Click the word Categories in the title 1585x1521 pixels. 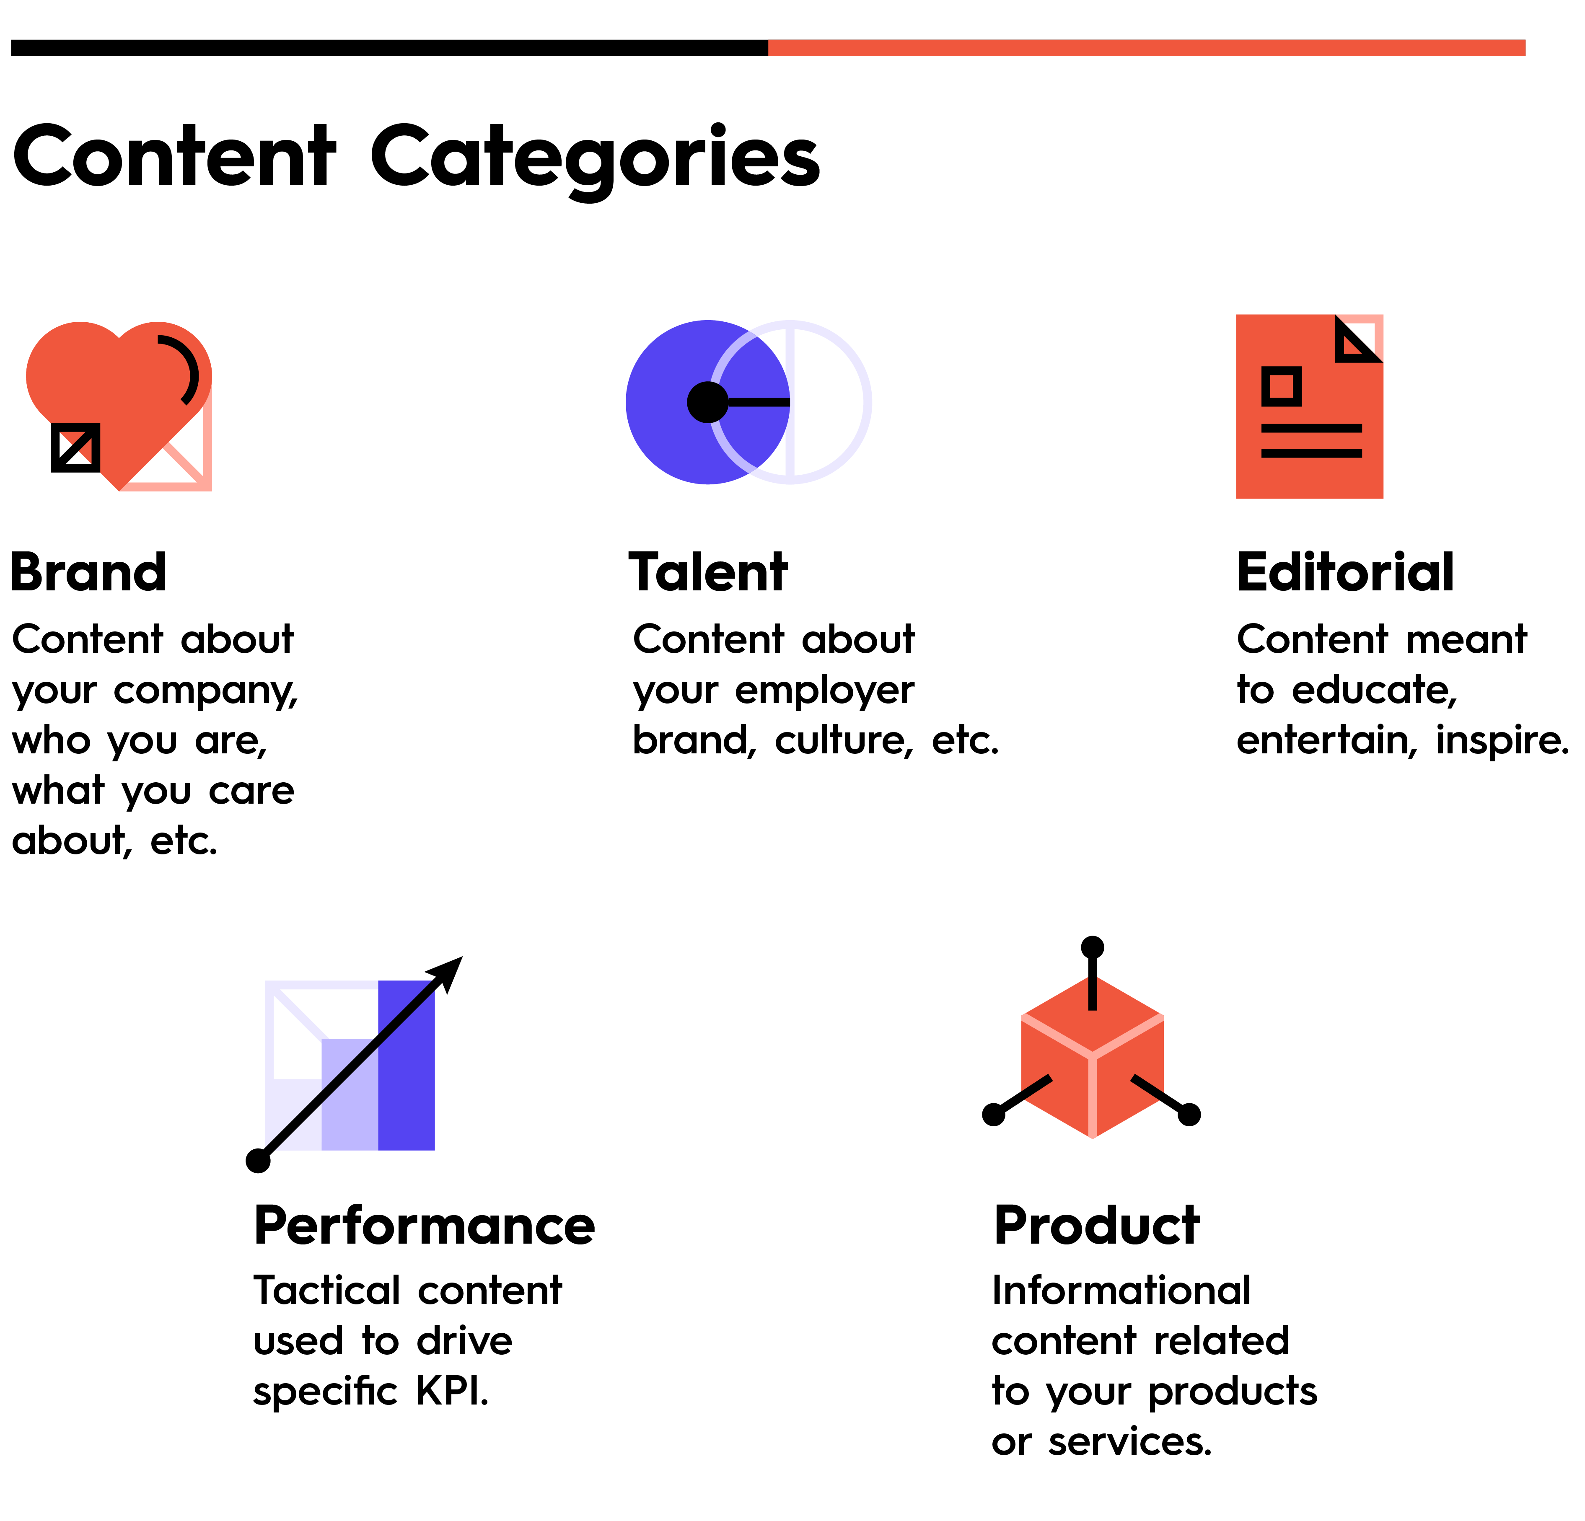[596, 159]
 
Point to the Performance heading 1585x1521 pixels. [425, 1226]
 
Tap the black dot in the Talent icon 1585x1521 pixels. [707, 402]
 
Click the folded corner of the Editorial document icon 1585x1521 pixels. [1359, 338]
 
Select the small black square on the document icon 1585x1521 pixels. [1282, 386]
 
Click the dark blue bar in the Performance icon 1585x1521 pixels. [407, 1065]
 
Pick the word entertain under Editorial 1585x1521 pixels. [1327, 741]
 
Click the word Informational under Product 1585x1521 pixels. [1121, 1290]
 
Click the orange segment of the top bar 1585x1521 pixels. [1147, 48]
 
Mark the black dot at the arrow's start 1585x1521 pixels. [258, 1160]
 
